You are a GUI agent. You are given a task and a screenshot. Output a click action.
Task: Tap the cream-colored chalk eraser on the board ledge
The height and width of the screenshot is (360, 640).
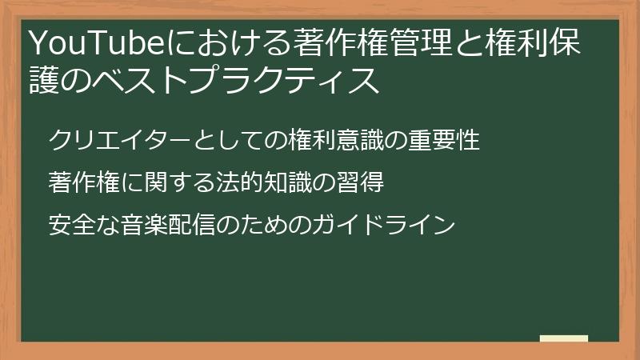563,338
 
